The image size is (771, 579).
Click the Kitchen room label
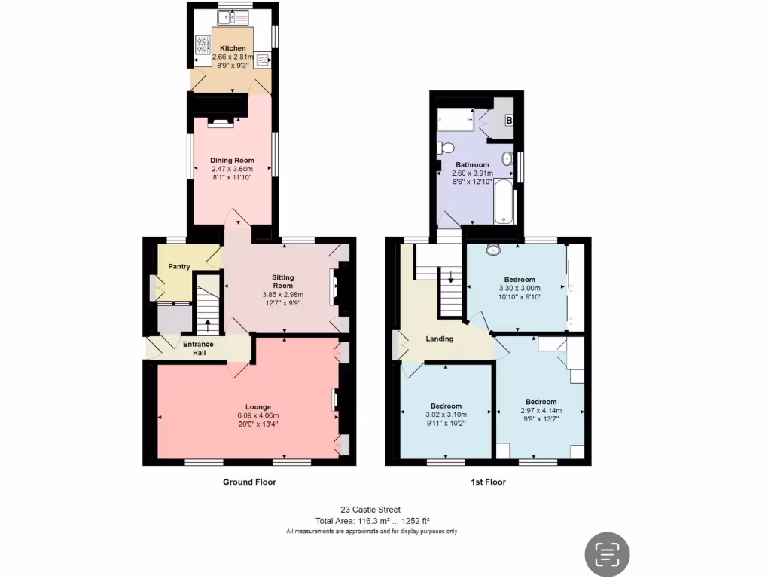pyautogui.click(x=233, y=48)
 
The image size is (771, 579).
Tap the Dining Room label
pyautogui.click(x=233, y=160)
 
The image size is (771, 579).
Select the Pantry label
pyautogui.click(x=178, y=266)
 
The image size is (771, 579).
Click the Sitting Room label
pyautogui.click(x=282, y=280)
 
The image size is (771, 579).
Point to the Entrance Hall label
pyautogui.click(x=198, y=348)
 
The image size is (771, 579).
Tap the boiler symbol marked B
pyautogui.click(x=508, y=120)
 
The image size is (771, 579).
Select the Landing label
pyautogui.click(x=440, y=339)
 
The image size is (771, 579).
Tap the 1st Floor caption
pyautogui.click(x=489, y=482)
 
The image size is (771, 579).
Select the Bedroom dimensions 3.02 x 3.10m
pyautogui.click(x=446, y=414)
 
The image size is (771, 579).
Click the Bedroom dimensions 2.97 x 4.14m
pyautogui.click(x=541, y=411)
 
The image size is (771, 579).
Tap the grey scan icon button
pyautogui.click(x=608, y=554)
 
